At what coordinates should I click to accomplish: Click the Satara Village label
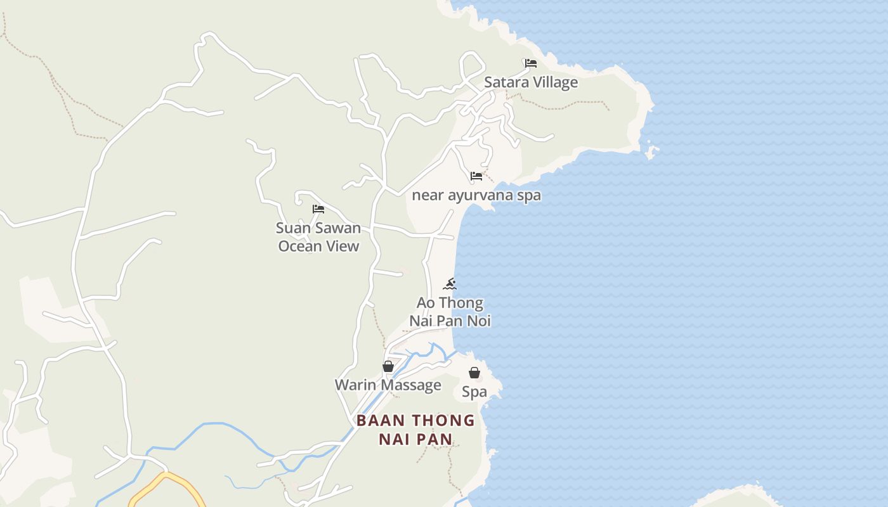tap(531, 82)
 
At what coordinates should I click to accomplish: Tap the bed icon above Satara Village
tap(531, 63)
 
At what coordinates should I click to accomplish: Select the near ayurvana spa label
tap(476, 195)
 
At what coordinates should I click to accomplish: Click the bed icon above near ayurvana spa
tap(476, 176)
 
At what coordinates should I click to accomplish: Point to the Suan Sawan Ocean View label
tap(318, 237)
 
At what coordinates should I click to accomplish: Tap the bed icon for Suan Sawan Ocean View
tap(318, 209)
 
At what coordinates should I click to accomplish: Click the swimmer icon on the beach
tap(450, 283)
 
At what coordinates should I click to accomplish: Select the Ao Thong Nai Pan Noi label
tap(450, 312)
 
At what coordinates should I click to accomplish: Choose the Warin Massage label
tap(388, 385)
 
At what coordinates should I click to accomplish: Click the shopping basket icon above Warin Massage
tap(388, 366)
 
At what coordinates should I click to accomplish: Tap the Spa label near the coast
tap(474, 392)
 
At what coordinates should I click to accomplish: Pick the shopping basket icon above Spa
tap(474, 373)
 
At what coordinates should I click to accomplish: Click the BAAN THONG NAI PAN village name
tap(415, 430)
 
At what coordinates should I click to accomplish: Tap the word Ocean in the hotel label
tap(301, 247)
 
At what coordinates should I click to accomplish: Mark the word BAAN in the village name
tap(378, 421)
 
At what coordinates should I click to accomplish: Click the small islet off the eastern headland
tap(651, 152)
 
